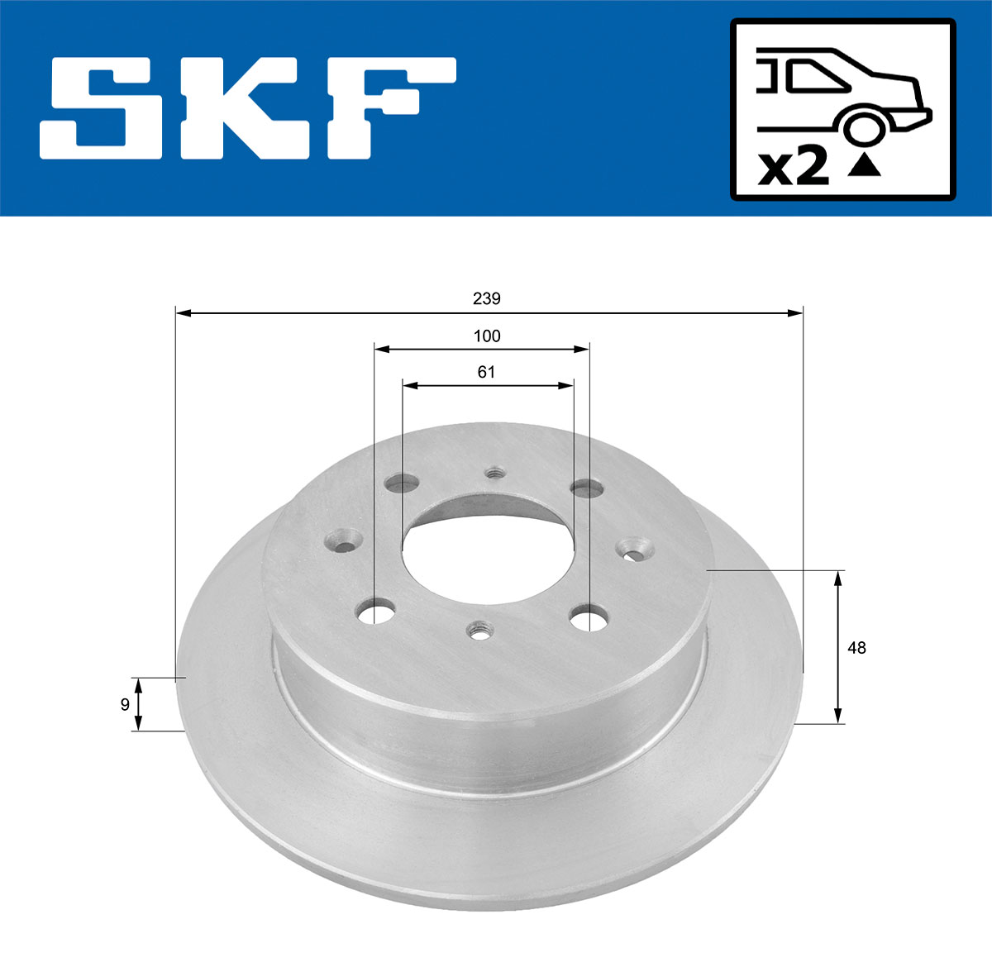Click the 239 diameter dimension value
(486, 298)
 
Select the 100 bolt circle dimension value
(487, 336)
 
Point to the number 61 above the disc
(486, 372)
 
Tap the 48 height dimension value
(856, 648)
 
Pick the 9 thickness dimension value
(125, 704)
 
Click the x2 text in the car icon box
(794, 168)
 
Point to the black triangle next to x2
(865, 167)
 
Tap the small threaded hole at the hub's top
(495, 474)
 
